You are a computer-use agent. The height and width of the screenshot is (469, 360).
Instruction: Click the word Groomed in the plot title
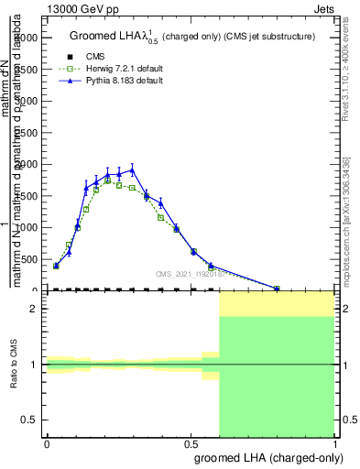click(x=91, y=36)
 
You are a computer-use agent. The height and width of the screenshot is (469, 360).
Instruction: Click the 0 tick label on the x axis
click(x=47, y=444)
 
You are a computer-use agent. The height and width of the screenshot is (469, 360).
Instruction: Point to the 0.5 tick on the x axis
click(x=191, y=444)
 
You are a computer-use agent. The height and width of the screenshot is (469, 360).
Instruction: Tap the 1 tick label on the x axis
click(x=336, y=444)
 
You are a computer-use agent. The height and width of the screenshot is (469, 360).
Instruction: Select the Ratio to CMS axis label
click(x=15, y=364)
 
